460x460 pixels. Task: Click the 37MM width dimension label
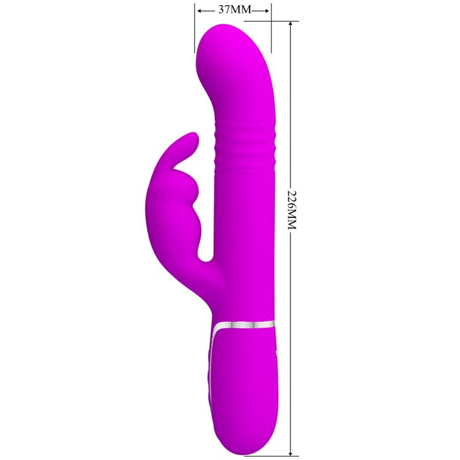233,10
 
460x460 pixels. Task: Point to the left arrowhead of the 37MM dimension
200,10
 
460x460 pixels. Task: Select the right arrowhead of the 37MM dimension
267,10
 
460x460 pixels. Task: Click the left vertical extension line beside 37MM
194,29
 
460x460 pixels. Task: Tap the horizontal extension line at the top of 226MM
285,22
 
